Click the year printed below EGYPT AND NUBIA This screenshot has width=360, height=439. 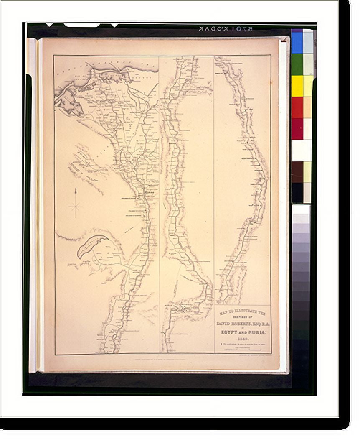(x=243, y=339)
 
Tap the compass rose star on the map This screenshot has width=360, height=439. (x=76, y=206)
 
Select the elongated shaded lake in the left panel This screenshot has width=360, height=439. (x=91, y=246)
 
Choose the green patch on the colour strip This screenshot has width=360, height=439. (x=297, y=64)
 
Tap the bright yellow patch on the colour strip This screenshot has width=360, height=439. (x=297, y=86)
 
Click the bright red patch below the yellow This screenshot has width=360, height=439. (x=297, y=107)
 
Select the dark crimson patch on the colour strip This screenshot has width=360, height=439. (x=297, y=129)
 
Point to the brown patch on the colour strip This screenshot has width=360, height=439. (x=297, y=172)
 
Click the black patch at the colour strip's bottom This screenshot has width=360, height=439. (x=297, y=193)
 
